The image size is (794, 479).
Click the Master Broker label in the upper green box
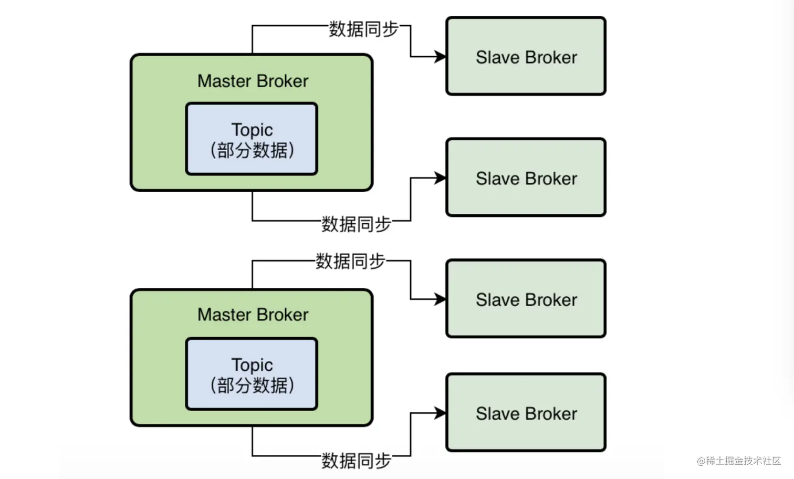point(253,81)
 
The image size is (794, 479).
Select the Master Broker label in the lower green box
point(253,315)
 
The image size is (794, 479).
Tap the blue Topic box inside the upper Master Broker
point(252,139)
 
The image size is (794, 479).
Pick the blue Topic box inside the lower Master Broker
point(252,373)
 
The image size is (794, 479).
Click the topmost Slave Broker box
point(526,56)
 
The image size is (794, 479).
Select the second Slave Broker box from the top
point(526,178)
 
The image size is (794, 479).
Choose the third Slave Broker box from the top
point(526,298)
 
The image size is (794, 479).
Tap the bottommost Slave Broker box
point(526,412)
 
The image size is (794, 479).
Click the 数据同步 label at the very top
point(363,29)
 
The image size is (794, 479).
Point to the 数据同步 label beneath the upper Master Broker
point(356,224)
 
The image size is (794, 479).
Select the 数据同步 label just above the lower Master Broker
point(350,261)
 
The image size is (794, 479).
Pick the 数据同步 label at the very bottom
point(356,461)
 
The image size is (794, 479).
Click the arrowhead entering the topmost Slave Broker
point(440,56)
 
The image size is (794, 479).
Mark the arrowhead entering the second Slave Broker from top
point(440,178)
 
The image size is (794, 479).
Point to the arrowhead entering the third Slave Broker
point(440,299)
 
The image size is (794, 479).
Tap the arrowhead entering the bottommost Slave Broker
point(440,413)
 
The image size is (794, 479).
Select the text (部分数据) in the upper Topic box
point(252,151)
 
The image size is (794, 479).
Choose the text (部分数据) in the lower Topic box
point(252,386)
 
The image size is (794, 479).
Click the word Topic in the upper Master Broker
point(252,130)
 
